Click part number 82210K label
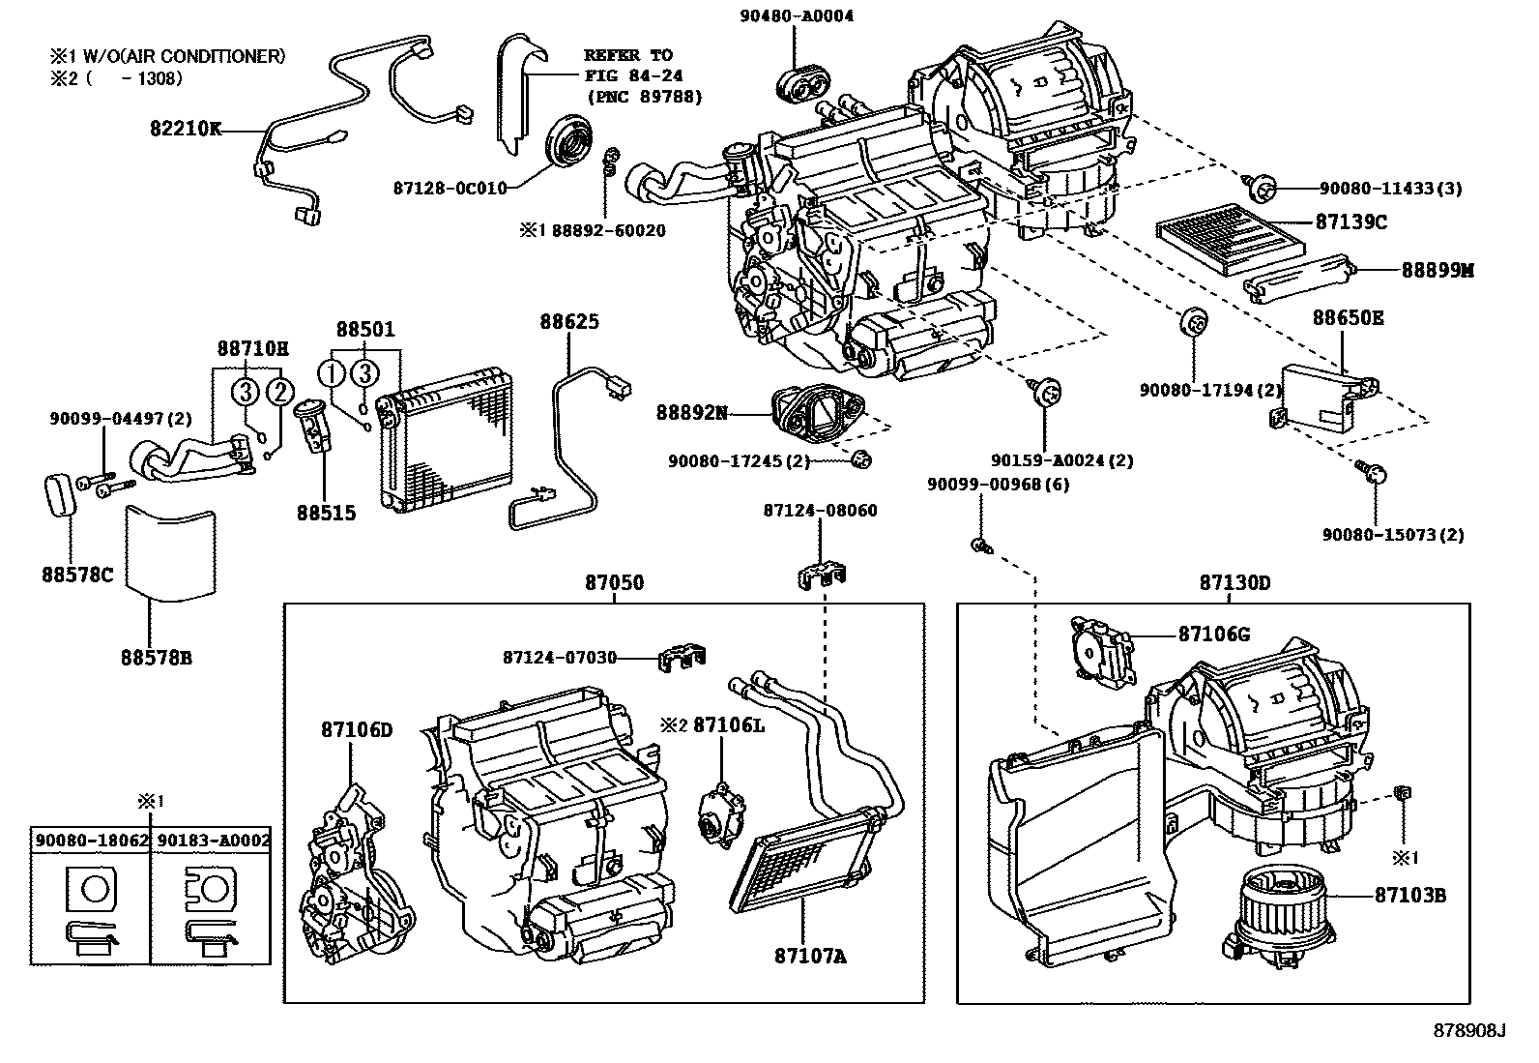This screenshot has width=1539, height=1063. tap(185, 128)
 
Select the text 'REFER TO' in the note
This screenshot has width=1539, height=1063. tap(628, 55)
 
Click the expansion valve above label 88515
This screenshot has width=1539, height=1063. tap(314, 425)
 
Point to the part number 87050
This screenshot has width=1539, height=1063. tap(614, 583)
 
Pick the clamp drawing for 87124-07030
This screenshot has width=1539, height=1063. tap(681, 657)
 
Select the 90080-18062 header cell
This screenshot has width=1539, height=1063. tap(91, 841)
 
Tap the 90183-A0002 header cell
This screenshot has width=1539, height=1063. tap(212, 841)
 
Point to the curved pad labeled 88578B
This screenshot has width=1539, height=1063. tap(171, 550)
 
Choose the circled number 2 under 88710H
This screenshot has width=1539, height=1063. tap(279, 392)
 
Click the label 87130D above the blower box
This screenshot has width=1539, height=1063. tap(1234, 583)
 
